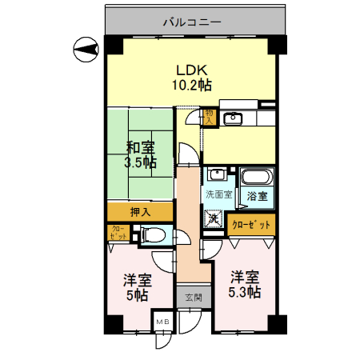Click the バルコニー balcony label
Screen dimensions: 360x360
click(192, 22)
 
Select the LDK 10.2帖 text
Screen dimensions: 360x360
click(193, 75)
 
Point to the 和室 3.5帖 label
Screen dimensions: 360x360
click(140, 154)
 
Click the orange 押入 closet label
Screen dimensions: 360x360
click(139, 212)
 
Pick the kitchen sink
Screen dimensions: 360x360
click(234, 119)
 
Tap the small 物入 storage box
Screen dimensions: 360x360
click(208, 118)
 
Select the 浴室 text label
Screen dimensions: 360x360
click(256, 195)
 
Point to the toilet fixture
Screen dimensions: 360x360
click(154, 235)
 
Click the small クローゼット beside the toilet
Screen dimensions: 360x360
click(117, 234)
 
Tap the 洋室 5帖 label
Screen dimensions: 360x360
click(138, 287)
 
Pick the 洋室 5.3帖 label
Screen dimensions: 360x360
click(246, 286)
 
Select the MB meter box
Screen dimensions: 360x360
click(163, 322)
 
